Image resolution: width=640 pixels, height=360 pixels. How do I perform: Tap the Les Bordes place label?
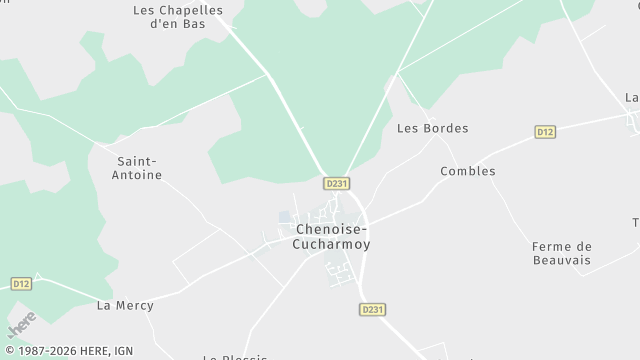(x=432, y=128)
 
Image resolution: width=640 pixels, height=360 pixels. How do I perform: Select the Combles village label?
(x=468, y=171)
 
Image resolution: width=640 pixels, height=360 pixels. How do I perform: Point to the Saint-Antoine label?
(x=140, y=168)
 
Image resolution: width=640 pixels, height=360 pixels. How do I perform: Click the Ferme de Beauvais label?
(x=561, y=253)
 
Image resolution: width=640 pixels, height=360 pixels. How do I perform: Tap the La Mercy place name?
(x=125, y=305)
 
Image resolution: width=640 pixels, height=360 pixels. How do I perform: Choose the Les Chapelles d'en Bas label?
(x=178, y=18)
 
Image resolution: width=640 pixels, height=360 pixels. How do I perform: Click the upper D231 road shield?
(x=337, y=184)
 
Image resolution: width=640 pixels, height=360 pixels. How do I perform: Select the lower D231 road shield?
(x=372, y=310)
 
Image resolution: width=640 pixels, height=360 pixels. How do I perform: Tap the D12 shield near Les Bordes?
(x=545, y=131)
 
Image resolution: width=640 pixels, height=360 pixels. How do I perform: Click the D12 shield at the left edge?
(x=22, y=284)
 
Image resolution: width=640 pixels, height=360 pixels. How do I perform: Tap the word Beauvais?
(x=561, y=260)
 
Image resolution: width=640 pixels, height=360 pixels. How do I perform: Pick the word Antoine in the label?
(x=140, y=175)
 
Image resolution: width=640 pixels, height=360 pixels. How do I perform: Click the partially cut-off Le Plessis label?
(x=235, y=356)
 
